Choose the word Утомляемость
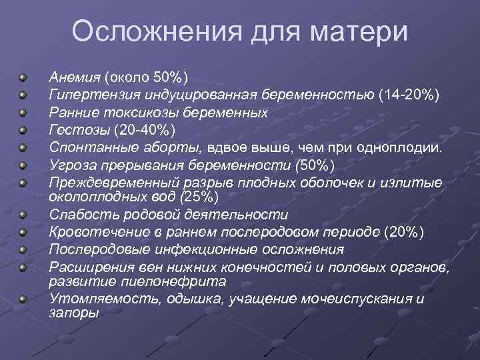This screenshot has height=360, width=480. coord(93,299)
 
